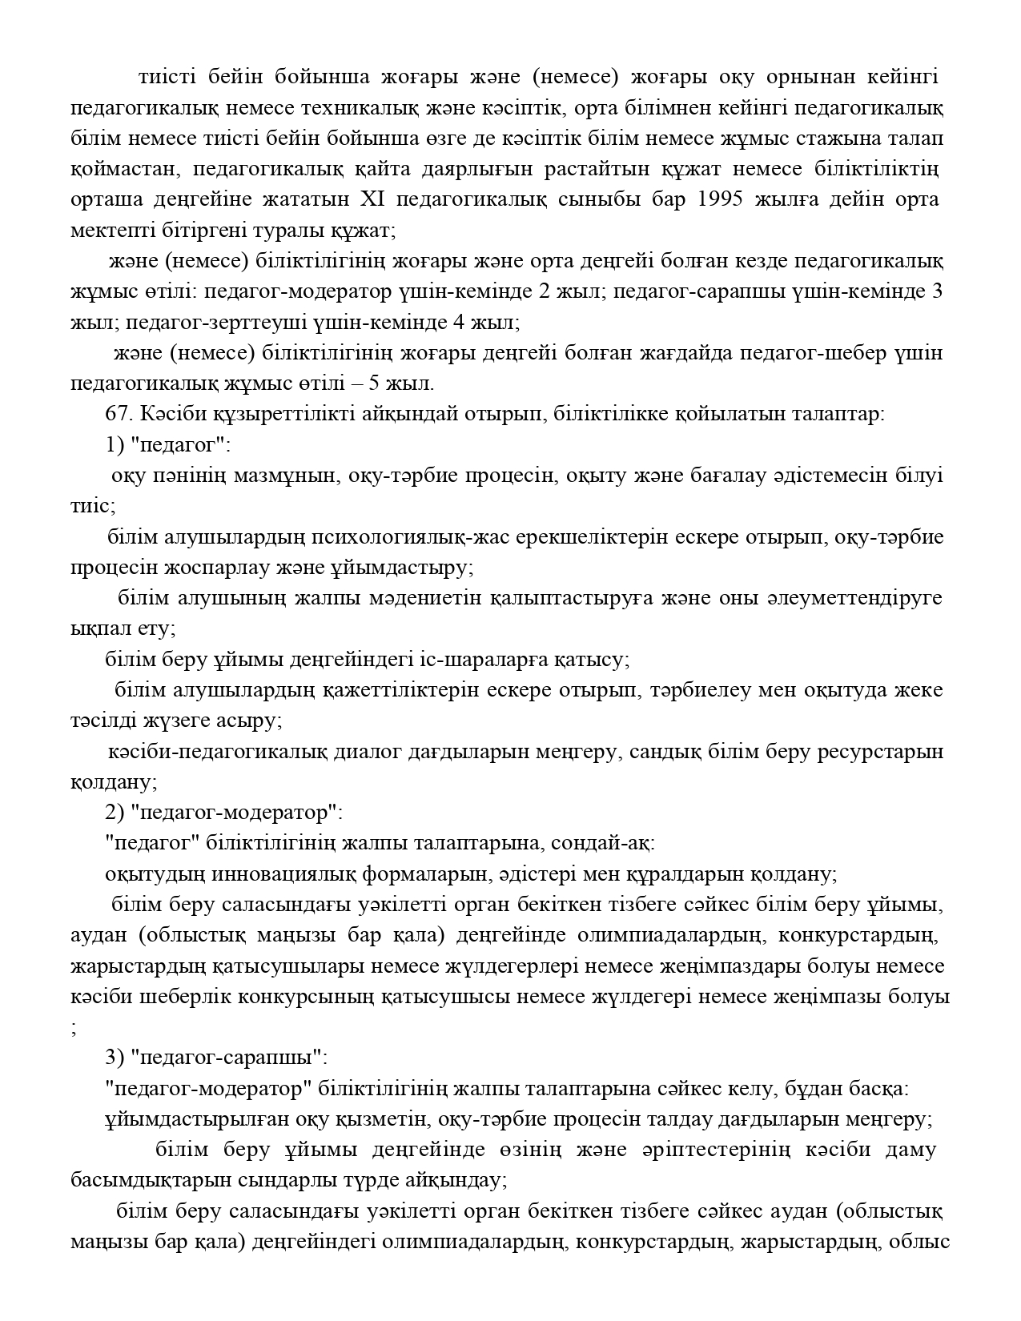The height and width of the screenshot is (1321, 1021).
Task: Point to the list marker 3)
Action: coord(115,1058)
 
